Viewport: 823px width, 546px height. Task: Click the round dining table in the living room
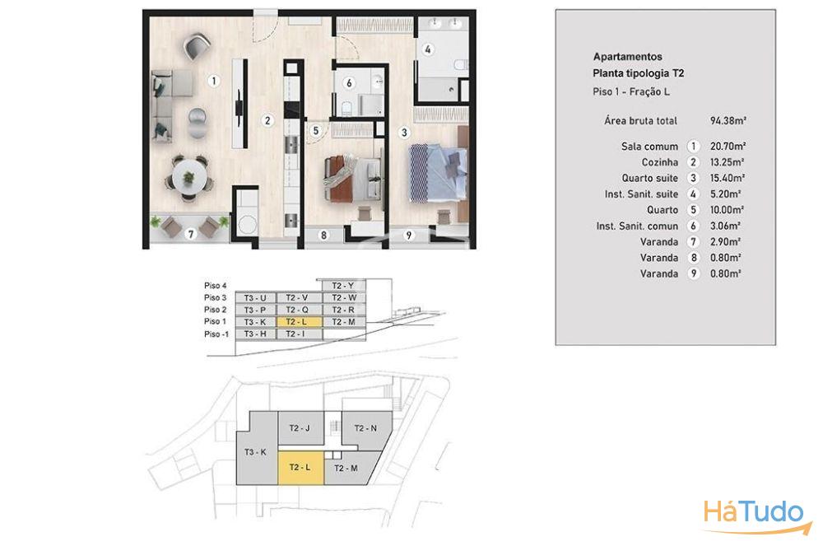pyautogui.click(x=188, y=177)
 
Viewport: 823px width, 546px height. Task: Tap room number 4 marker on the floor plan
pyautogui.click(x=428, y=49)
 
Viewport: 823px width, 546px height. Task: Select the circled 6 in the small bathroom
pyautogui.click(x=349, y=83)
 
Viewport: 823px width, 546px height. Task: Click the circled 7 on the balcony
pyautogui.click(x=191, y=234)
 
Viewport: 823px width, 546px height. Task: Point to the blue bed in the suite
pyautogui.click(x=439, y=173)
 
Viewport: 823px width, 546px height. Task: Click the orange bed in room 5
pyautogui.click(x=351, y=178)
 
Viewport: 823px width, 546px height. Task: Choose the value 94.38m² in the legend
pyautogui.click(x=728, y=121)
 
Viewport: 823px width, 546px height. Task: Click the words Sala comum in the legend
pyautogui.click(x=649, y=147)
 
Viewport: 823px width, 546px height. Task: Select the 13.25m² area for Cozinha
pyautogui.click(x=727, y=162)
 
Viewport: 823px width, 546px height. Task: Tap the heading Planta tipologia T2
pyautogui.click(x=639, y=73)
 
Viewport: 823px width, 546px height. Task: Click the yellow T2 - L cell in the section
pyautogui.click(x=298, y=322)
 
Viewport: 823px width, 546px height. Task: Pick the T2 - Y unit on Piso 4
pyautogui.click(x=343, y=286)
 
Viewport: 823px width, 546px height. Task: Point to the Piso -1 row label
pyautogui.click(x=216, y=334)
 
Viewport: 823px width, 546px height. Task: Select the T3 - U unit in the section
pyautogui.click(x=255, y=297)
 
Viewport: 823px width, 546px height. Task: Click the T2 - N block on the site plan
pyautogui.click(x=366, y=428)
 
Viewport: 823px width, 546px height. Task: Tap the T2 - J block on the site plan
pyautogui.click(x=300, y=428)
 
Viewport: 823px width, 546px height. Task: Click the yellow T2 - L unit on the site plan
pyautogui.click(x=300, y=467)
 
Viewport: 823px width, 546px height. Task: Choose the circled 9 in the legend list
pyautogui.click(x=693, y=273)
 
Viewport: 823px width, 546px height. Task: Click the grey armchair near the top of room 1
pyautogui.click(x=198, y=46)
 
